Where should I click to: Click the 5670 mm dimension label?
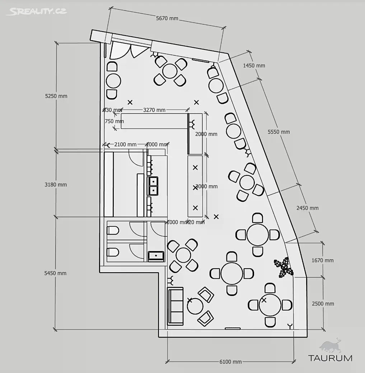click(167, 19)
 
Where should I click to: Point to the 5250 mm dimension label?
click(56, 96)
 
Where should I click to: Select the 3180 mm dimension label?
click(56, 185)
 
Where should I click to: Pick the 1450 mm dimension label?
click(254, 66)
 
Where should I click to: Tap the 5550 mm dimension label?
click(279, 132)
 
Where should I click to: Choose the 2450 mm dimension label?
click(308, 208)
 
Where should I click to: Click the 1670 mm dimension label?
click(323, 260)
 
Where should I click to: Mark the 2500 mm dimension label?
click(323, 304)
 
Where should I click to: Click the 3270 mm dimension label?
click(154, 110)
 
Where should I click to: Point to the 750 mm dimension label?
click(114, 121)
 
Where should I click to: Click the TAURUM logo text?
click(330, 358)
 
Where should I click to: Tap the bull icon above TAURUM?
click(331, 345)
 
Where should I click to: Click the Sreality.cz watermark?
click(36, 11)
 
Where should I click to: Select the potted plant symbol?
click(284, 267)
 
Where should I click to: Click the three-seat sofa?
click(176, 306)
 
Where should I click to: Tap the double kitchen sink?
click(153, 186)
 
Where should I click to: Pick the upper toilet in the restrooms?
click(113, 230)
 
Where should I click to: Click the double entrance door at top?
click(128, 51)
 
